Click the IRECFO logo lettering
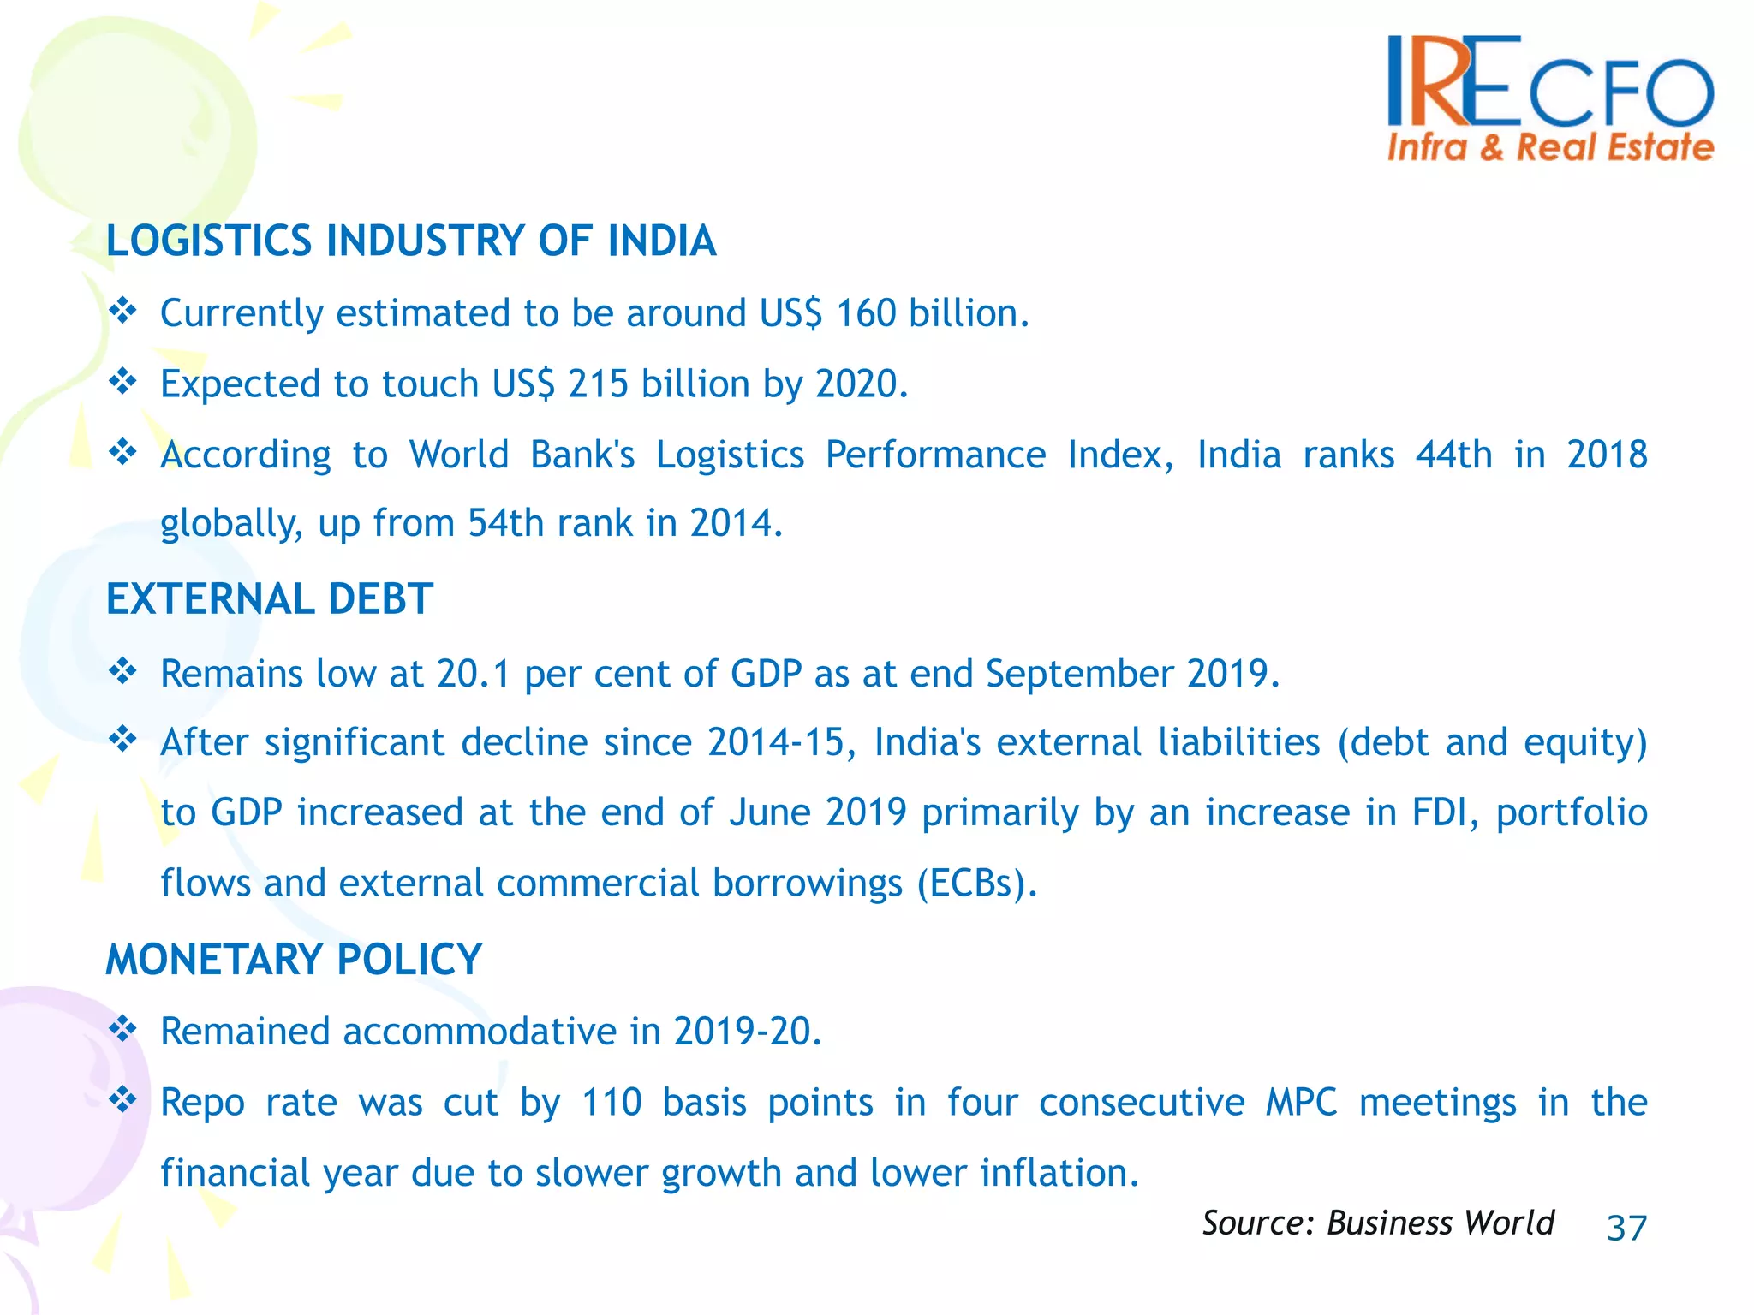(x=1550, y=81)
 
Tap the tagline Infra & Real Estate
(x=1550, y=147)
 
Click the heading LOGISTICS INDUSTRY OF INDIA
(x=411, y=241)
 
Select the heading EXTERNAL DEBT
(x=270, y=598)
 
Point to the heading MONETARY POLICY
(x=294, y=959)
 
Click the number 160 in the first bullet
(x=866, y=313)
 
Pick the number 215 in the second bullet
(x=598, y=384)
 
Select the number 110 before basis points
(x=612, y=1102)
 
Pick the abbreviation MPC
(x=1301, y=1102)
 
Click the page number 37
(x=1626, y=1228)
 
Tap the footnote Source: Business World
(x=1377, y=1223)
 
